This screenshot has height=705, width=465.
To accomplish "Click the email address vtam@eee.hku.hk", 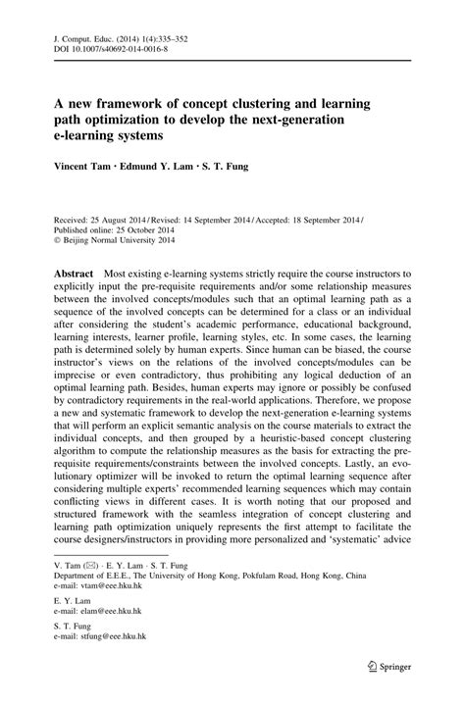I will point(112,612).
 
